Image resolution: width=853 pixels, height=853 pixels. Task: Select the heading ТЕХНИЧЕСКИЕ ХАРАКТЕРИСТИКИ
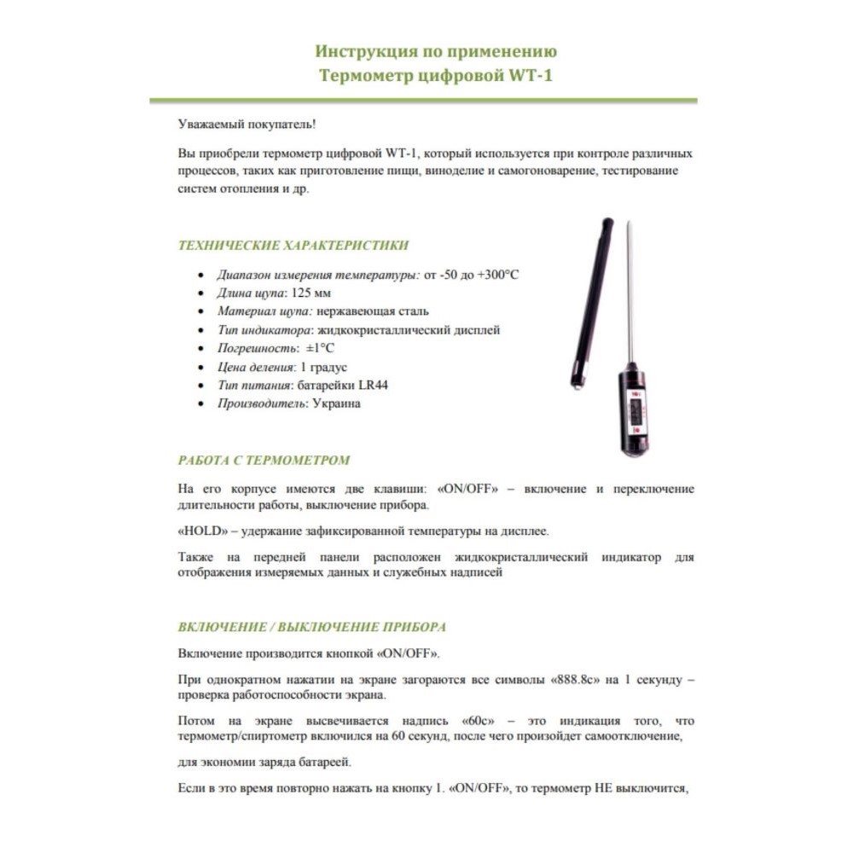[x=293, y=246]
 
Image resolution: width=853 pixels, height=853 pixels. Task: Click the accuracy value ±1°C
[x=315, y=348]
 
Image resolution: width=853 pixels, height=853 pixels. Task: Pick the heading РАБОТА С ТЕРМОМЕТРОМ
[x=264, y=460]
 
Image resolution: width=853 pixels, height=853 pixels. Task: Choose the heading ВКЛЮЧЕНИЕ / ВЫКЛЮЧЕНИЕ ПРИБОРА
[x=312, y=627]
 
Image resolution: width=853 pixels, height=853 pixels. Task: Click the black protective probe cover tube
[x=592, y=299]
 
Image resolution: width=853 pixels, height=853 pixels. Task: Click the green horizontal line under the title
[x=423, y=101]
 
